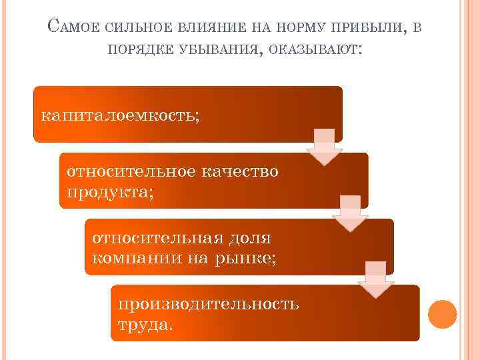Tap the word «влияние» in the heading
[x=211, y=27]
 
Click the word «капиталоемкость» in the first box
[x=120, y=115]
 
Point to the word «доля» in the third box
[x=251, y=237]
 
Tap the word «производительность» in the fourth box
[x=208, y=304]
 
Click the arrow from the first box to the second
[x=324, y=147]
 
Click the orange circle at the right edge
[x=442, y=314]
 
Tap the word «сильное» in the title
[x=140, y=27]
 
